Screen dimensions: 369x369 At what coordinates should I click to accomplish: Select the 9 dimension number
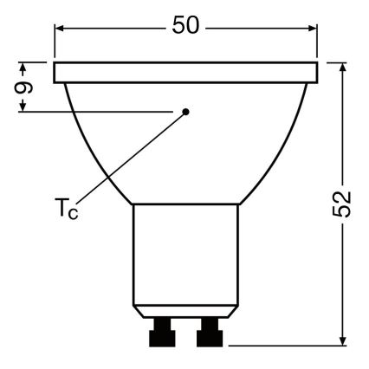[x=25, y=87]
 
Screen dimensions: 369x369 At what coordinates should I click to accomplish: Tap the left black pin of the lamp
[x=161, y=332]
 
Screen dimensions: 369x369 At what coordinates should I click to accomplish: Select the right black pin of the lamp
[x=209, y=332]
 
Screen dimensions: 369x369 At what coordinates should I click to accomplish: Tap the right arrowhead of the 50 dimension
[x=309, y=27]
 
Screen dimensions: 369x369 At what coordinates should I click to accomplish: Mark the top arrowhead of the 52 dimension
[x=344, y=68]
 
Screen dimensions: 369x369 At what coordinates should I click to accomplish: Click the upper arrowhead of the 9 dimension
[x=26, y=67]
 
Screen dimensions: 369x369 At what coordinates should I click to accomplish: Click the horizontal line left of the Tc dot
[x=104, y=111]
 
